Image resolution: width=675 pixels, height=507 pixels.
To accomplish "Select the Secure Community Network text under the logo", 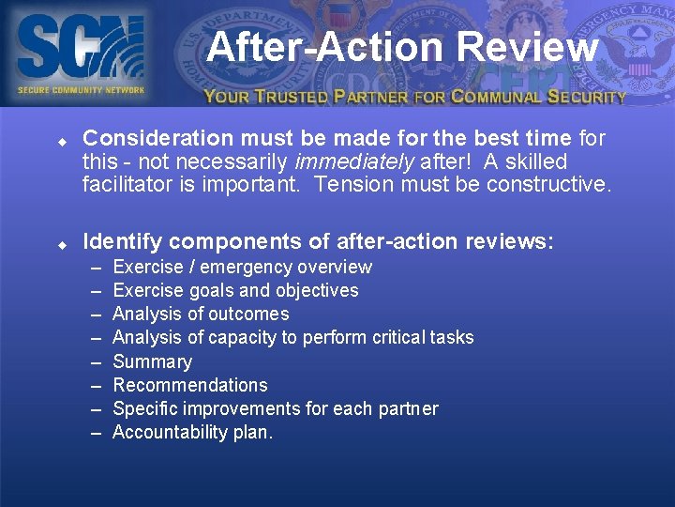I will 81,90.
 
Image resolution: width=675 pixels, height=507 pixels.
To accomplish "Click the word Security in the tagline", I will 587,96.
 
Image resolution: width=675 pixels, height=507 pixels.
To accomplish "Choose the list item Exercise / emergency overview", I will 242,267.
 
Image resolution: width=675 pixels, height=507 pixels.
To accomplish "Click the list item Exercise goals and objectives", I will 234,290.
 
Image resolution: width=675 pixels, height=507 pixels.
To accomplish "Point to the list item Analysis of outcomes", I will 200,314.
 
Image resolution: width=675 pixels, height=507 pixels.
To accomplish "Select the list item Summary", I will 152,361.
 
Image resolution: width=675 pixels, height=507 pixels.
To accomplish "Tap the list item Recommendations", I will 189,385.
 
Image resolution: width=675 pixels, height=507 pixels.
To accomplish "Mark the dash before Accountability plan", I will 97,432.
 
